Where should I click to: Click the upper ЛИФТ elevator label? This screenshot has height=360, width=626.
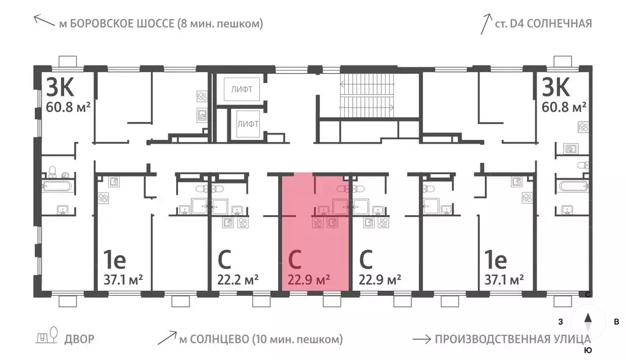tap(243, 89)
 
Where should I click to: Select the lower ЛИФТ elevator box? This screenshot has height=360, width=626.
tap(248, 124)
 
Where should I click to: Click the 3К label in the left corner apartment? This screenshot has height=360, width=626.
tap(60, 89)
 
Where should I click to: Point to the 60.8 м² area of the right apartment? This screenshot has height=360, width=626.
tap(564, 108)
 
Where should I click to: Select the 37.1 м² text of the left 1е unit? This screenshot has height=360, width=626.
tap(120, 280)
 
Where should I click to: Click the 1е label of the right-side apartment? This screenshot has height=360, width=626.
tap(496, 261)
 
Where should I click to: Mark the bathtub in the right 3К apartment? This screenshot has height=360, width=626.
tap(572, 186)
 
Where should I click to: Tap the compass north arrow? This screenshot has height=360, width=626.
tap(588, 318)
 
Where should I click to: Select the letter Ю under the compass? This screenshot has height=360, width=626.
tap(588, 350)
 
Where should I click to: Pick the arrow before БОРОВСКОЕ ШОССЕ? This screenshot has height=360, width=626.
tap(43, 23)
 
